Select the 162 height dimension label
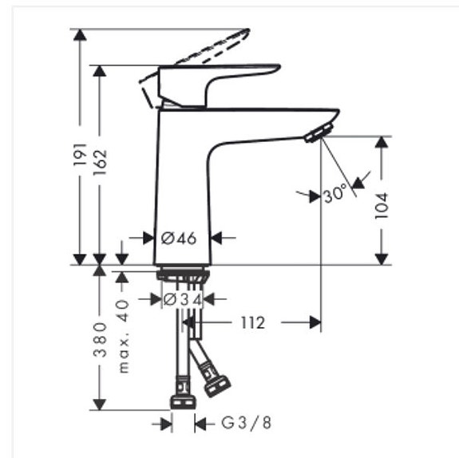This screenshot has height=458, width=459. [100, 164]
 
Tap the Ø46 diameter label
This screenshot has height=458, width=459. [178, 237]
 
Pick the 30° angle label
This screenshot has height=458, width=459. [334, 193]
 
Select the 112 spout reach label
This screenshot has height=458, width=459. [251, 322]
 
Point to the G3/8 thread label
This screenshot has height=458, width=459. [246, 423]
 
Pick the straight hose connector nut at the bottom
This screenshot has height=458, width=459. [184, 396]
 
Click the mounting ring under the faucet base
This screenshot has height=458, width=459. [184, 275]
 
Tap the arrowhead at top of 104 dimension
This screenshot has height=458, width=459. [382, 141]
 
